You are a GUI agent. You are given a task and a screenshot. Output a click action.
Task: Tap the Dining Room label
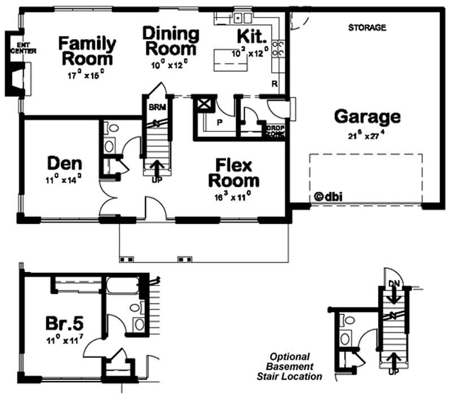tap(170, 41)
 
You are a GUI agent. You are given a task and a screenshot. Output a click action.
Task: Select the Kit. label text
tap(251, 37)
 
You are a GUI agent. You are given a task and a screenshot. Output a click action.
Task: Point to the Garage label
tap(367, 117)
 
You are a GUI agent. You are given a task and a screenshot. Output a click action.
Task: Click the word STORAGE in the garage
tap(367, 27)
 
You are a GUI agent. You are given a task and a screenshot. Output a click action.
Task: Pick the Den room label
tap(64, 164)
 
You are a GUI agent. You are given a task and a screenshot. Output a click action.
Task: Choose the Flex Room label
tap(234, 173)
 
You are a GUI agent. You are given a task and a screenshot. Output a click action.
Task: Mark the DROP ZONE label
tap(275, 131)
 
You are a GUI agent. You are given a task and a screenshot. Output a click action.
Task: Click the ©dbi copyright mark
tap(328, 197)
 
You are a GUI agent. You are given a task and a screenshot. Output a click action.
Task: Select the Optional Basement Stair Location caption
tap(297, 366)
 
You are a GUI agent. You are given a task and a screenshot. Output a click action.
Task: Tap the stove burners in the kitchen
tap(277, 48)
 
